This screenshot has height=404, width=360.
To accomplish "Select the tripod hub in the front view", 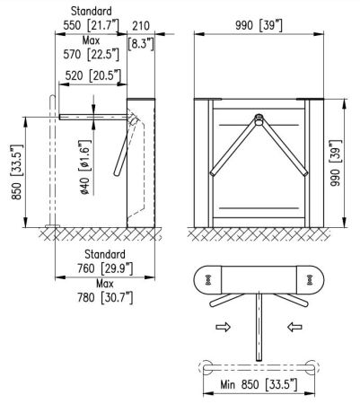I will [x=259, y=117].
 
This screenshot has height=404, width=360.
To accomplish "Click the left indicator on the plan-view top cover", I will [x=209, y=279].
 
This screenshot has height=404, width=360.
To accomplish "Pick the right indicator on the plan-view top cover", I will [x=310, y=279].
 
